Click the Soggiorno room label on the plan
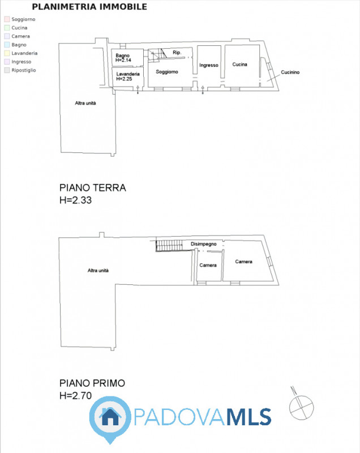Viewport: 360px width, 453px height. click(x=167, y=72)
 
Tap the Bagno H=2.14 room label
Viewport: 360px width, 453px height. click(x=123, y=58)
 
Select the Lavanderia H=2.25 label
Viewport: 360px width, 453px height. click(x=128, y=76)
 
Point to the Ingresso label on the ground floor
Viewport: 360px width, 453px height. click(x=209, y=65)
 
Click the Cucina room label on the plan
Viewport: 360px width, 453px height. click(x=239, y=65)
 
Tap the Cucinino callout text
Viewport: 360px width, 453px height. click(x=290, y=72)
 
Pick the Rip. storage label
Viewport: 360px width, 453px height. click(x=177, y=52)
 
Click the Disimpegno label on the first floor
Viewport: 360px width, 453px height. click(x=204, y=244)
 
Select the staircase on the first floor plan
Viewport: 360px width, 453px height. click(x=169, y=246)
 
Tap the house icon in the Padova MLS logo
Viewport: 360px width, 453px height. click(x=110, y=417)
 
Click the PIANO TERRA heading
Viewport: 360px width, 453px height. click(x=93, y=188)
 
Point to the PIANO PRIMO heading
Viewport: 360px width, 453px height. click(x=92, y=383)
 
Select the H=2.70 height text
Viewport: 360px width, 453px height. click(x=75, y=395)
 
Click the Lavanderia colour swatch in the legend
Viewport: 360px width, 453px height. click(x=7, y=53)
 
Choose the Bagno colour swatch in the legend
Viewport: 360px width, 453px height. click(x=7, y=45)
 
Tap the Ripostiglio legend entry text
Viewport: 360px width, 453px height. click(x=24, y=70)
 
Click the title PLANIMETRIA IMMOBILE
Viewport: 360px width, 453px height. click(x=89, y=7)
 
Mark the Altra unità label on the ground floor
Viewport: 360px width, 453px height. click(x=85, y=103)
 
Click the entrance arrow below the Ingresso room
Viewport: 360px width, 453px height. click(x=203, y=90)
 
